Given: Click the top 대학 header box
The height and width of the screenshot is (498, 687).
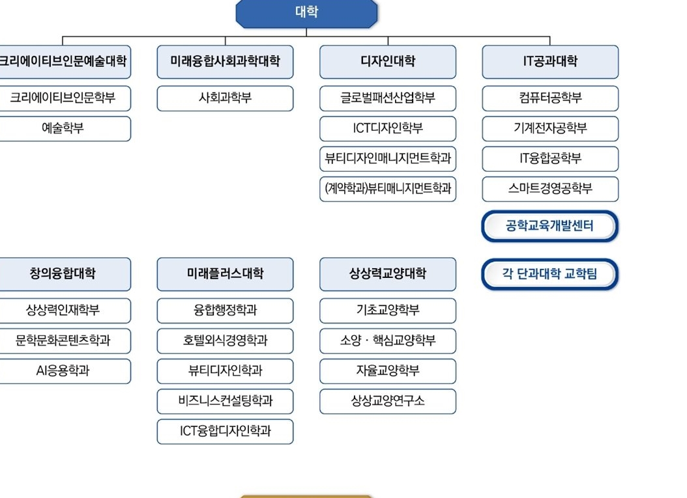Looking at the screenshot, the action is (306, 13).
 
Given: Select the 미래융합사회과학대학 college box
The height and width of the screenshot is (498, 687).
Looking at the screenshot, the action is (226, 62).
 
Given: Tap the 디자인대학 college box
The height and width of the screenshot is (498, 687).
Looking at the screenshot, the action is (388, 62).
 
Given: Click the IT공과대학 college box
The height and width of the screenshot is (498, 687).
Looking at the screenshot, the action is (550, 62).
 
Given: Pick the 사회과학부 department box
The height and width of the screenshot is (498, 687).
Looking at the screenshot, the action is (226, 98).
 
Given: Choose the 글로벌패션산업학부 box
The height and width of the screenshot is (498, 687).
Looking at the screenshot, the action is (388, 98).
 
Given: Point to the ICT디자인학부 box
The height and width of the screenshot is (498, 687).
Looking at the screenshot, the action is (388, 129).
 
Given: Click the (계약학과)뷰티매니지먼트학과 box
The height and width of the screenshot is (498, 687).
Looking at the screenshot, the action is (388, 189).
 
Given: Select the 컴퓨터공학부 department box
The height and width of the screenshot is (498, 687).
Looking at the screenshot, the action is (550, 98).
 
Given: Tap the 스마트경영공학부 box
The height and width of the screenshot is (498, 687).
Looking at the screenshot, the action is (550, 189).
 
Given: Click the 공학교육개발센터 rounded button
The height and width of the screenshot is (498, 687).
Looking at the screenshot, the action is (550, 227).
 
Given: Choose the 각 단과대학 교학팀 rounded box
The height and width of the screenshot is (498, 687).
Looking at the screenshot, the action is (550, 274).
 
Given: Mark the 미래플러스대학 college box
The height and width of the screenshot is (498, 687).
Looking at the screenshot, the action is (226, 274).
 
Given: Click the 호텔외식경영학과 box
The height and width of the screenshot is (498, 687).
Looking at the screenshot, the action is (226, 341).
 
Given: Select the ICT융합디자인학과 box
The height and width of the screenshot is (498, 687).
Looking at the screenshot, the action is (226, 432).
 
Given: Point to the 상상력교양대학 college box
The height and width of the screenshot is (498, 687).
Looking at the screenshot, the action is (388, 274).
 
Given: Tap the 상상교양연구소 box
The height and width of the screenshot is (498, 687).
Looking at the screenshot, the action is (388, 401).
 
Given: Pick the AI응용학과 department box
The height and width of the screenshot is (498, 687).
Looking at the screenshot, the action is (63, 371).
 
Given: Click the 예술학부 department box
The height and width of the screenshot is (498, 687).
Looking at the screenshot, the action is (63, 129).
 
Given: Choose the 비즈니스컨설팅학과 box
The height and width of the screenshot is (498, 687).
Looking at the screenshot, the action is (226, 401).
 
